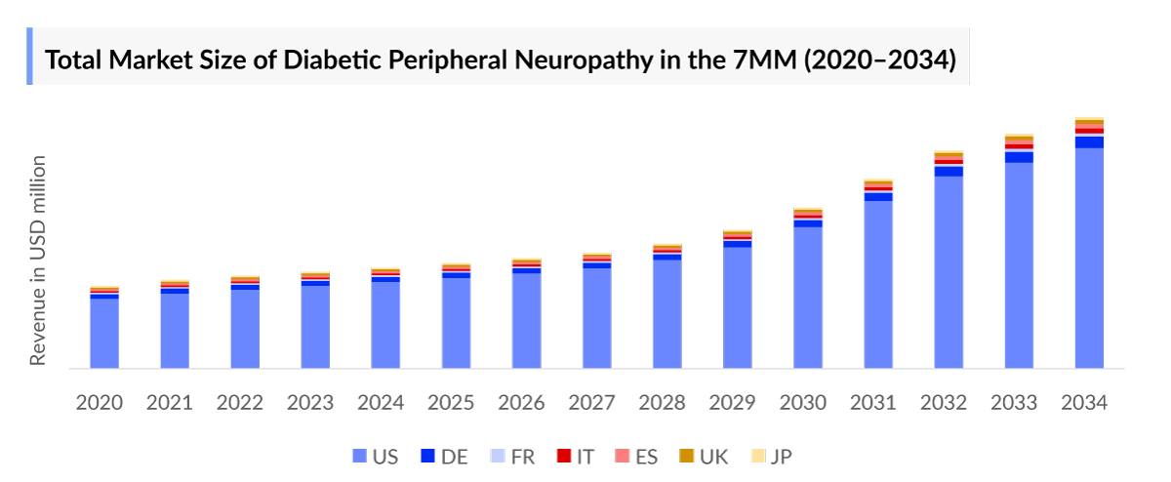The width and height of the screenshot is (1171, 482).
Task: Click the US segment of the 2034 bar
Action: click(1089, 259)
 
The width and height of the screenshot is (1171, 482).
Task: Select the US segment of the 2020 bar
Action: click(104, 333)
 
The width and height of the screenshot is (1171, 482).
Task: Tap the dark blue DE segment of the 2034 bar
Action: click(1089, 142)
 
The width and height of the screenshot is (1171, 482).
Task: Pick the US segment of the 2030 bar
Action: click(808, 298)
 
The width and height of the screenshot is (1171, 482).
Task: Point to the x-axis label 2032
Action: click(949, 402)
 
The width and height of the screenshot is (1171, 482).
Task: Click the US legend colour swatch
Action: click(359, 456)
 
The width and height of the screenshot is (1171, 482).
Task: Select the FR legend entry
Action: click(510, 456)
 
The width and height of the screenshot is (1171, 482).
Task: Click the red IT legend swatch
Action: click(563, 456)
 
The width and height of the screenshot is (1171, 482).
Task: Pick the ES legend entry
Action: click(635, 456)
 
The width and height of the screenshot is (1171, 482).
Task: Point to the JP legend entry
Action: click(770, 456)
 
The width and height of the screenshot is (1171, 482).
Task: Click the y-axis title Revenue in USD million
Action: click(38, 260)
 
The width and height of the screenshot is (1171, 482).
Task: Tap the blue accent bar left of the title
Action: click(29, 57)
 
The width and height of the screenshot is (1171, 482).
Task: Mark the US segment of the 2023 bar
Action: click(315, 326)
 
